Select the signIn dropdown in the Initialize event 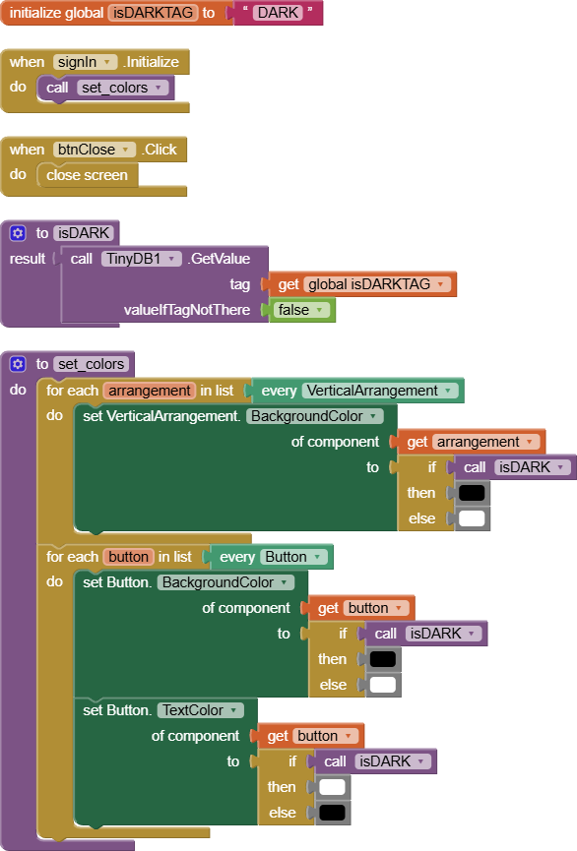pos(85,62)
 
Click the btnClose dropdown pos(96,150)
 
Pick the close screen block pos(87,175)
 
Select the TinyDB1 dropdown pos(142,259)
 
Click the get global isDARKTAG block pos(364,284)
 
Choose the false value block pos(301,310)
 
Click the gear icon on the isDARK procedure pos(18,233)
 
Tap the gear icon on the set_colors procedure pos(18,364)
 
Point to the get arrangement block pos(472,442)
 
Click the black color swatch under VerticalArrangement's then pos(472,493)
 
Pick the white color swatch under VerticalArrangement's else pos(472,518)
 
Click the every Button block pos(271,557)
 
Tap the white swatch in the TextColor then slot pos(333,787)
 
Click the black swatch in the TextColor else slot pos(333,813)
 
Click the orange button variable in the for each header pos(128,557)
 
